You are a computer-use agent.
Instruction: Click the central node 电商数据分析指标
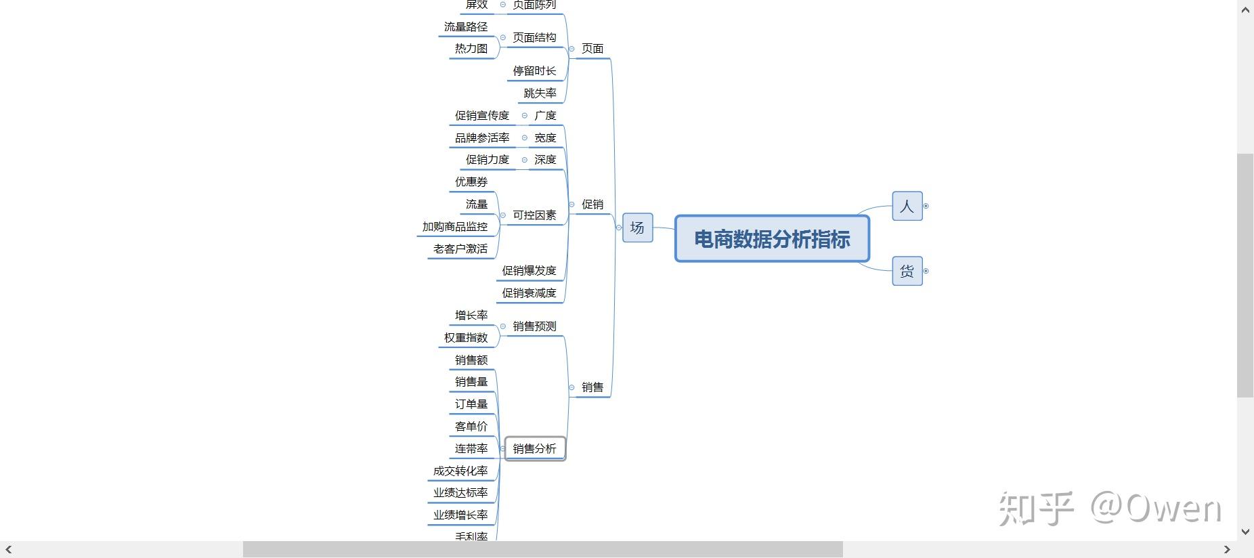(772, 239)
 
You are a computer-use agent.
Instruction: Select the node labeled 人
(907, 206)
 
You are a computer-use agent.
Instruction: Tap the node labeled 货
(907, 272)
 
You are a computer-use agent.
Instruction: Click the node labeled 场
(637, 228)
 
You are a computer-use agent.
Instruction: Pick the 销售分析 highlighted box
(534, 448)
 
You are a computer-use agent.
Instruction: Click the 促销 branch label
(592, 205)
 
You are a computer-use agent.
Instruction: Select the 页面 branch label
(592, 49)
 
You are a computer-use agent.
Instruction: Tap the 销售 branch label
(592, 387)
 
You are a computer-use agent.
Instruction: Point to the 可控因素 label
(534, 215)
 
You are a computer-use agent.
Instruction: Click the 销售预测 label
(534, 326)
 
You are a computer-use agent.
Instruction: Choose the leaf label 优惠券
(471, 182)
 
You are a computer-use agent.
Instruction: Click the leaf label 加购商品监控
(455, 227)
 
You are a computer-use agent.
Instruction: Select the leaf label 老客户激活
(460, 249)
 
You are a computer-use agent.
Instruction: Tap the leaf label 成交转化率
(460, 471)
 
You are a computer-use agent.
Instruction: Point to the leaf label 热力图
(471, 49)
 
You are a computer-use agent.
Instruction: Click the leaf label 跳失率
(540, 93)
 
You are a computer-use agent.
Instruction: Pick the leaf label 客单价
(471, 427)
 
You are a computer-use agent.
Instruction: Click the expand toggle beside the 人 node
(926, 206)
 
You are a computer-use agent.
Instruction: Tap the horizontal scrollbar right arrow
(1226, 549)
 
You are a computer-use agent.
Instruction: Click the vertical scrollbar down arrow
(1245, 532)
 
